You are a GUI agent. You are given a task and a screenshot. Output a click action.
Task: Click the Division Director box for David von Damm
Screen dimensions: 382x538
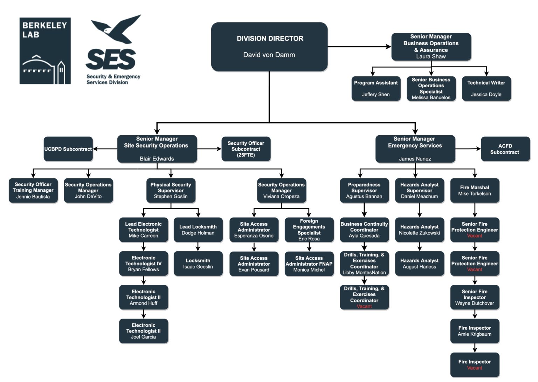(x=269, y=47)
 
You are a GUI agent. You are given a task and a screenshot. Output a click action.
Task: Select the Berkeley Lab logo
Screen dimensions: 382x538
(x=45, y=51)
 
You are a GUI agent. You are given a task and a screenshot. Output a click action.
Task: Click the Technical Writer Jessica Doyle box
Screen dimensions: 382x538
(x=486, y=89)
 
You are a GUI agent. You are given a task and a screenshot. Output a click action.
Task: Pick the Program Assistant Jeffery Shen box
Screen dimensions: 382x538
(x=376, y=89)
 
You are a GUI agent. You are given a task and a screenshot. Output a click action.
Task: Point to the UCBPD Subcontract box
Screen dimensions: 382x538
(x=68, y=149)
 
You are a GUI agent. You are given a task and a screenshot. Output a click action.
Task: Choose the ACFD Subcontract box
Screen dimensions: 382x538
(x=505, y=149)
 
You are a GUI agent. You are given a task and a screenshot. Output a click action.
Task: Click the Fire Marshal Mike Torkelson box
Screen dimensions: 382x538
(x=475, y=191)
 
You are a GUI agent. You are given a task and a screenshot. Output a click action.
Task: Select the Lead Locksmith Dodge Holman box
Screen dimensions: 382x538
(x=198, y=230)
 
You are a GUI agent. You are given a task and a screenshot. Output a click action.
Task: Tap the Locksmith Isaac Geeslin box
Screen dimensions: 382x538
(x=198, y=264)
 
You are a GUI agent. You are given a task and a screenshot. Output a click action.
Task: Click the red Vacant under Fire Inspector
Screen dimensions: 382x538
(x=475, y=368)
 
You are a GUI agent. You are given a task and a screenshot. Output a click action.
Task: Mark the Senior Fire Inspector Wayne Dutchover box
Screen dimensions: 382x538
(x=475, y=297)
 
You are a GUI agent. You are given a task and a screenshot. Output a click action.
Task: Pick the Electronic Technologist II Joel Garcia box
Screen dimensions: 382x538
(x=143, y=331)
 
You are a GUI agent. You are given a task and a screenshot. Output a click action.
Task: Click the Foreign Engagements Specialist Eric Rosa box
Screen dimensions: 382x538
(x=309, y=230)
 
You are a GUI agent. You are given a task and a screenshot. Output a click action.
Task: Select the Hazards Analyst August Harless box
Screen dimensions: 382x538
(x=419, y=264)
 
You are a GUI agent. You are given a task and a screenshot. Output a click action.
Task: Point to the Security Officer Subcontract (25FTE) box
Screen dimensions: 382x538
(x=246, y=149)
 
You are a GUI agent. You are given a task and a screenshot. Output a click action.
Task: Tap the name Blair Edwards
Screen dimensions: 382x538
(x=157, y=159)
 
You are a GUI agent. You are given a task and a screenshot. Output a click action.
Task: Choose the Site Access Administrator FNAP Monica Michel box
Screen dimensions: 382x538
(x=309, y=264)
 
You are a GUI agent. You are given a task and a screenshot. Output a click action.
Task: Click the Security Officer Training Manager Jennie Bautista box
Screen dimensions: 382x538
(x=33, y=191)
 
